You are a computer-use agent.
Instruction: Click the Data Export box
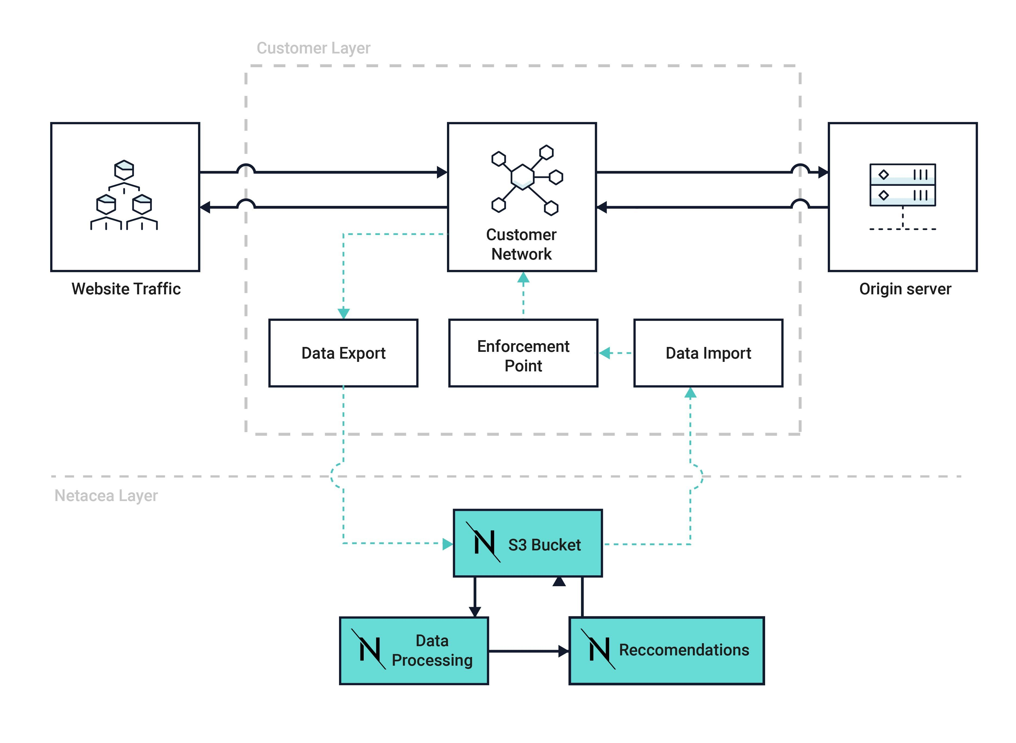tap(343, 353)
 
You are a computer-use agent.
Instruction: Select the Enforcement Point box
tap(523, 353)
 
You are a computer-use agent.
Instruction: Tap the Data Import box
tap(708, 353)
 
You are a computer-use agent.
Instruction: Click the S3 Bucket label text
tap(544, 545)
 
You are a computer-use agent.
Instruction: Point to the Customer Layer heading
tap(313, 48)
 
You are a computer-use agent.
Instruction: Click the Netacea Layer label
tap(106, 496)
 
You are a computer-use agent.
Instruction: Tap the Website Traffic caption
tap(126, 289)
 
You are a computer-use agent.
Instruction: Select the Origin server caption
tap(905, 289)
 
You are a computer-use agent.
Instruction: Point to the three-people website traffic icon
tap(124, 196)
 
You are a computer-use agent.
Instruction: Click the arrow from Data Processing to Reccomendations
tap(528, 651)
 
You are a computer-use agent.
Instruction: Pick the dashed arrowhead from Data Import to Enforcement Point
tap(605, 353)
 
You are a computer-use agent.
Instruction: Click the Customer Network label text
tap(522, 244)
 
